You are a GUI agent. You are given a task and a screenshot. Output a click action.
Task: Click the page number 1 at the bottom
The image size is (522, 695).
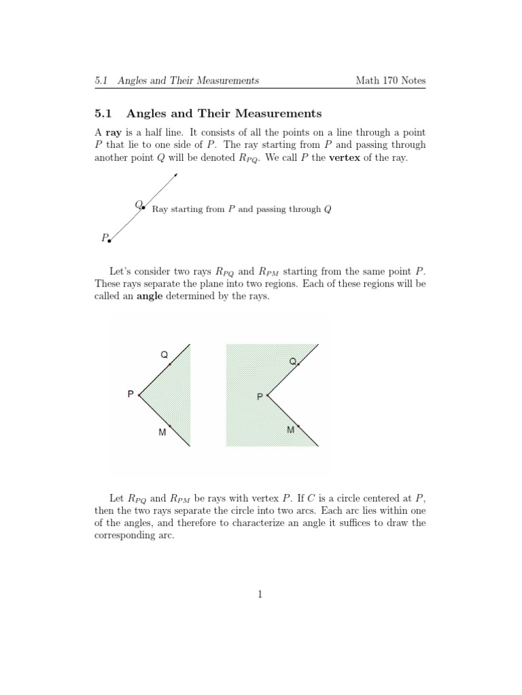[260, 595]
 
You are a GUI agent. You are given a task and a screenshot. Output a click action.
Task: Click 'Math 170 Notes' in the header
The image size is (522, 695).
[391, 81]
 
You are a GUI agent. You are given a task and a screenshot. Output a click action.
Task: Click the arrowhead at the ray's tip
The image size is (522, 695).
[175, 176]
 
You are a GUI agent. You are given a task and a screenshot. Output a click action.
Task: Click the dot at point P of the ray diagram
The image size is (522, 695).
[109, 240]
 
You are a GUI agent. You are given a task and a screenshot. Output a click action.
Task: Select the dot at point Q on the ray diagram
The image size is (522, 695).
[143, 208]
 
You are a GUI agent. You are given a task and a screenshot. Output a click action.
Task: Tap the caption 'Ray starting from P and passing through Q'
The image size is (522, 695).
[241, 210]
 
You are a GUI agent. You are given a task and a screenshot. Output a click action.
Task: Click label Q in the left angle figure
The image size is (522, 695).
[164, 355]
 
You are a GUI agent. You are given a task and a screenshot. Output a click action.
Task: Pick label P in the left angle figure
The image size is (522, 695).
[130, 394]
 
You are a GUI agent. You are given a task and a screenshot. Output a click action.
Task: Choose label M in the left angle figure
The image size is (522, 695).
[162, 432]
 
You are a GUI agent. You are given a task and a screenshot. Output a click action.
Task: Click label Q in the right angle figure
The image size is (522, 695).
[292, 361]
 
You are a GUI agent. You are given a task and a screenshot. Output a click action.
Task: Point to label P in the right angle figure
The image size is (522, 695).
[260, 396]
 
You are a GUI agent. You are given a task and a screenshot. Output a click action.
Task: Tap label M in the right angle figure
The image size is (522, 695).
[290, 430]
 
